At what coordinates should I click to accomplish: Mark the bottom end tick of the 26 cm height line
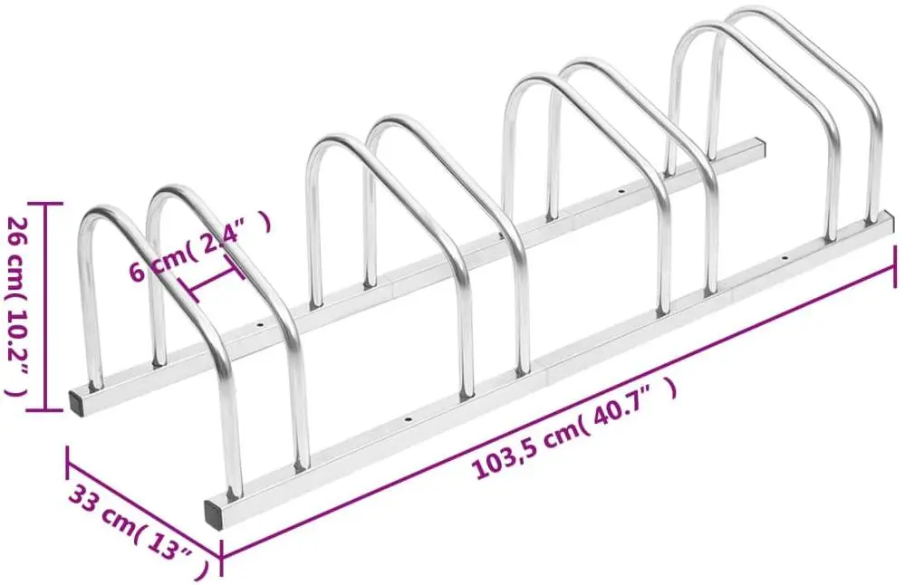click(x=34, y=410)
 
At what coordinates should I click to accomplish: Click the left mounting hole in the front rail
click(x=408, y=421)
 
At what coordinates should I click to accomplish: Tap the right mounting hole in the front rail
click(x=785, y=259)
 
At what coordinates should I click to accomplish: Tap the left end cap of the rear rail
click(x=78, y=401)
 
